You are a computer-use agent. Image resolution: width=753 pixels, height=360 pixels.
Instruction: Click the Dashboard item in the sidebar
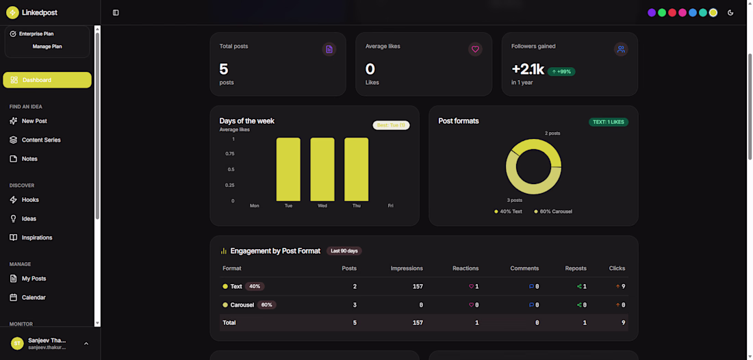point(47,80)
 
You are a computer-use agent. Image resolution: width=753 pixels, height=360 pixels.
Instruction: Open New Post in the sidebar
point(34,121)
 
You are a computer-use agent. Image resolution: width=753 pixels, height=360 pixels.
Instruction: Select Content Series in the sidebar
point(41,140)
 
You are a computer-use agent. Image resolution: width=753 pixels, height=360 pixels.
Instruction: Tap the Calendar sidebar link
point(34,298)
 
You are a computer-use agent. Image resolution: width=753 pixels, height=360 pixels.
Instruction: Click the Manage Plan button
point(47,47)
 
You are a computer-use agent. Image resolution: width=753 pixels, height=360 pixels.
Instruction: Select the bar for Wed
point(322,170)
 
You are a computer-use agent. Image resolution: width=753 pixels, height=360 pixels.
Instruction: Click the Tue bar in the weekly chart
point(288,170)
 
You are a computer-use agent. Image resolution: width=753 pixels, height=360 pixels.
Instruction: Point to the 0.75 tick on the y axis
point(230,154)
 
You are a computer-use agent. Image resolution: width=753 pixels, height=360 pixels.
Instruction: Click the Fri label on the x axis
point(391,206)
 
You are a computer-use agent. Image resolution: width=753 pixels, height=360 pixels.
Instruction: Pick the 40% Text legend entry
point(509,211)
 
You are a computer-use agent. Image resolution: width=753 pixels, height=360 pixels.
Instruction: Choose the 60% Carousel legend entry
point(553,211)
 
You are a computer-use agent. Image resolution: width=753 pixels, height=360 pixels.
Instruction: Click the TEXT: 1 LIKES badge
point(609,122)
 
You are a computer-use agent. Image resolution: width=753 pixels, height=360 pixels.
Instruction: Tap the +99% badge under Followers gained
point(561,71)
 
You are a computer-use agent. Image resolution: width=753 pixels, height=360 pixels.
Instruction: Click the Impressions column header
point(407,268)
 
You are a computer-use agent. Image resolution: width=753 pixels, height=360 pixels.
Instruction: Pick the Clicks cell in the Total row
point(623,322)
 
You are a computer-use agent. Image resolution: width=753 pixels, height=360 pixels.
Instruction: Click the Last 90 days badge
point(344,251)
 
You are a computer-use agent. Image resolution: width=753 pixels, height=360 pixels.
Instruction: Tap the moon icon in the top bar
point(730,12)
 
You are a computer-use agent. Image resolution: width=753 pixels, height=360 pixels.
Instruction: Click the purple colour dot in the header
point(652,12)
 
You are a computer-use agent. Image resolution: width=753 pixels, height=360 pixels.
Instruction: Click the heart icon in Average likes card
point(475,49)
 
